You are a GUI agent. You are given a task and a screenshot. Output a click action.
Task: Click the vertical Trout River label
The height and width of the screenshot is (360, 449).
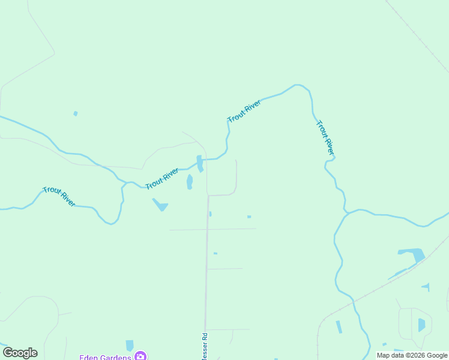[325, 137]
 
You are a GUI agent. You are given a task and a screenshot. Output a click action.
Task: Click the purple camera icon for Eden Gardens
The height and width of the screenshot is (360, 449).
[140, 356]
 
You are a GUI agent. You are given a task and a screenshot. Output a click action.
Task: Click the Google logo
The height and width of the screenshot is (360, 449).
[20, 353]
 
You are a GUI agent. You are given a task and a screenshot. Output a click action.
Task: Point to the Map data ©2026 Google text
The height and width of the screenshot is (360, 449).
[412, 355]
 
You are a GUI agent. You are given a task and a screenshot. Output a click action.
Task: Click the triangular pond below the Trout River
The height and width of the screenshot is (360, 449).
[160, 205]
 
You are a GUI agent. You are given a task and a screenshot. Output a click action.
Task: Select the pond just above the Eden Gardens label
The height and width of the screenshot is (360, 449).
[130, 345]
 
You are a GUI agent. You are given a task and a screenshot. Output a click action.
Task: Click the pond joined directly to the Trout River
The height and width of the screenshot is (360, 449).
[199, 163]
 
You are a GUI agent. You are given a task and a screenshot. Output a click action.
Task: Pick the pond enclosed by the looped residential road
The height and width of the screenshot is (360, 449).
[421, 325]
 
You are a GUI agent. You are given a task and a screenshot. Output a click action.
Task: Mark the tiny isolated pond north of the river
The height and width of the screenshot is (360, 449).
[75, 113]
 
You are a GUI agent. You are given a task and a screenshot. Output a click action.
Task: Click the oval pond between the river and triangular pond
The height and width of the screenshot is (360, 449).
[190, 181]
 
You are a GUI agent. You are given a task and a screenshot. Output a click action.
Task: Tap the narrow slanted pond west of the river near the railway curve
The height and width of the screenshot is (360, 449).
[339, 327]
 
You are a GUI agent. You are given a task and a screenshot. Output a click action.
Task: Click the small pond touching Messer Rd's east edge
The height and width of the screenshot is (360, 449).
[210, 214]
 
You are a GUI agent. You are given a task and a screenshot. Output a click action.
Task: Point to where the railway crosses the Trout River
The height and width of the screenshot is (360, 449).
[354, 299]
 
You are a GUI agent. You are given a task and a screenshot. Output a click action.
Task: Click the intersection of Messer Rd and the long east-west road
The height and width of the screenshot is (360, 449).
[207, 229]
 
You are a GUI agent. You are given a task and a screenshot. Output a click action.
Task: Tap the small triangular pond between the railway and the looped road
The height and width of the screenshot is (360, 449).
[426, 287]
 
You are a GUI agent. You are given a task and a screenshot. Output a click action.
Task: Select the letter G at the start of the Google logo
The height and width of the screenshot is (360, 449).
[8, 353]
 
